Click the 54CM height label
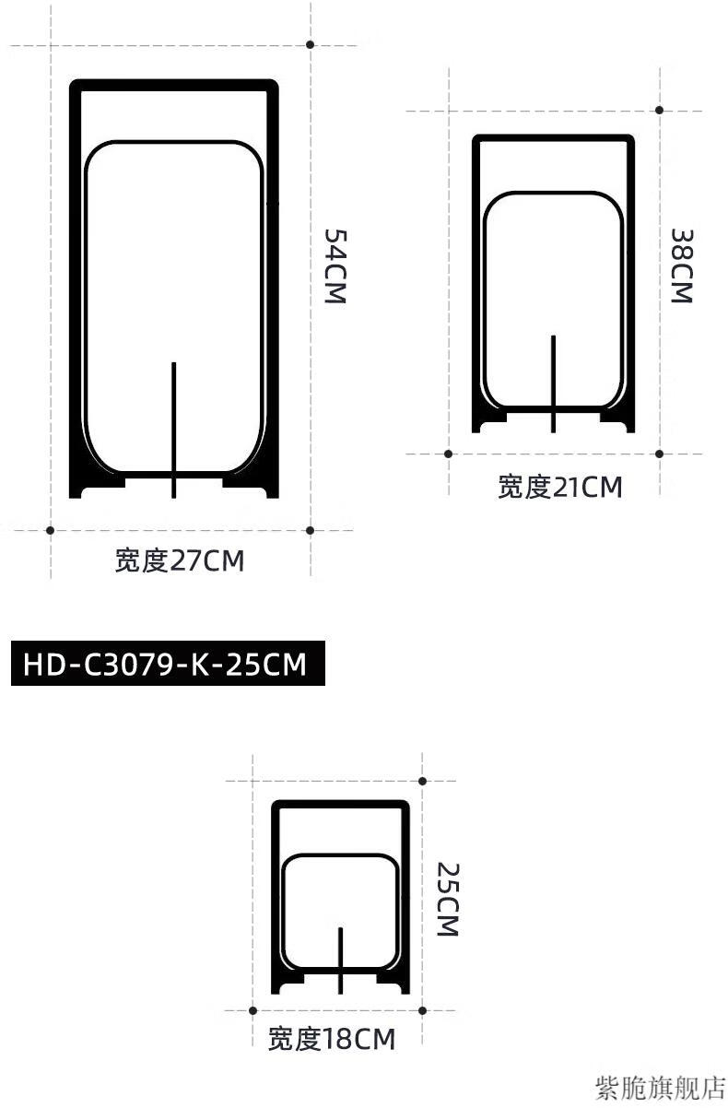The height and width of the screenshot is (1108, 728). [x=334, y=267]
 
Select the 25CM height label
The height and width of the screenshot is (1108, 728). [x=447, y=899]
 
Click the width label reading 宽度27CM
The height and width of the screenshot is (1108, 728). [x=180, y=560]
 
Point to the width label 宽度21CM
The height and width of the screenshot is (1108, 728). [x=560, y=486]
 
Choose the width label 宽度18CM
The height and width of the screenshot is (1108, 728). [x=332, y=1040]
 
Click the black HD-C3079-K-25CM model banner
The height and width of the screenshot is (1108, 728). [x=168, y=664]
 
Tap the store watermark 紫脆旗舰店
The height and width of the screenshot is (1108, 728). [x=662, y=1088]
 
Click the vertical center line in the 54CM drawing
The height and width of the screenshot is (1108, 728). [x=173, y=429]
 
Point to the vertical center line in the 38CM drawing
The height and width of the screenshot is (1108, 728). [x=553, y=383]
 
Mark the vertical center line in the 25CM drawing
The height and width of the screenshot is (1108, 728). [x=341, y=960]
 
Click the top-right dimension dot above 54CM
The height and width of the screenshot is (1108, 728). [x=311, y=44]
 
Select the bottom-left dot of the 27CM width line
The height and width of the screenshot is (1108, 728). [x=50, y=530]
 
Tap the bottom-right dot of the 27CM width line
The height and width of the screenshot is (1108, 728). [x=311, y=530]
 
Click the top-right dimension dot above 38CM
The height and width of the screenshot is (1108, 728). [x=659, y=111]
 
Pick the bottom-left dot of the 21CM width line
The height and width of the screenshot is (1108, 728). [x=448, y=454]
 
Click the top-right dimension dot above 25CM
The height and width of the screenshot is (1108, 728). [x=422, y=781]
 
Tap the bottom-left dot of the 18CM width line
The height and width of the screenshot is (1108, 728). [x=252, y=1010]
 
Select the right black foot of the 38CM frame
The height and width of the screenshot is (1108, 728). [x=616, y=420]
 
